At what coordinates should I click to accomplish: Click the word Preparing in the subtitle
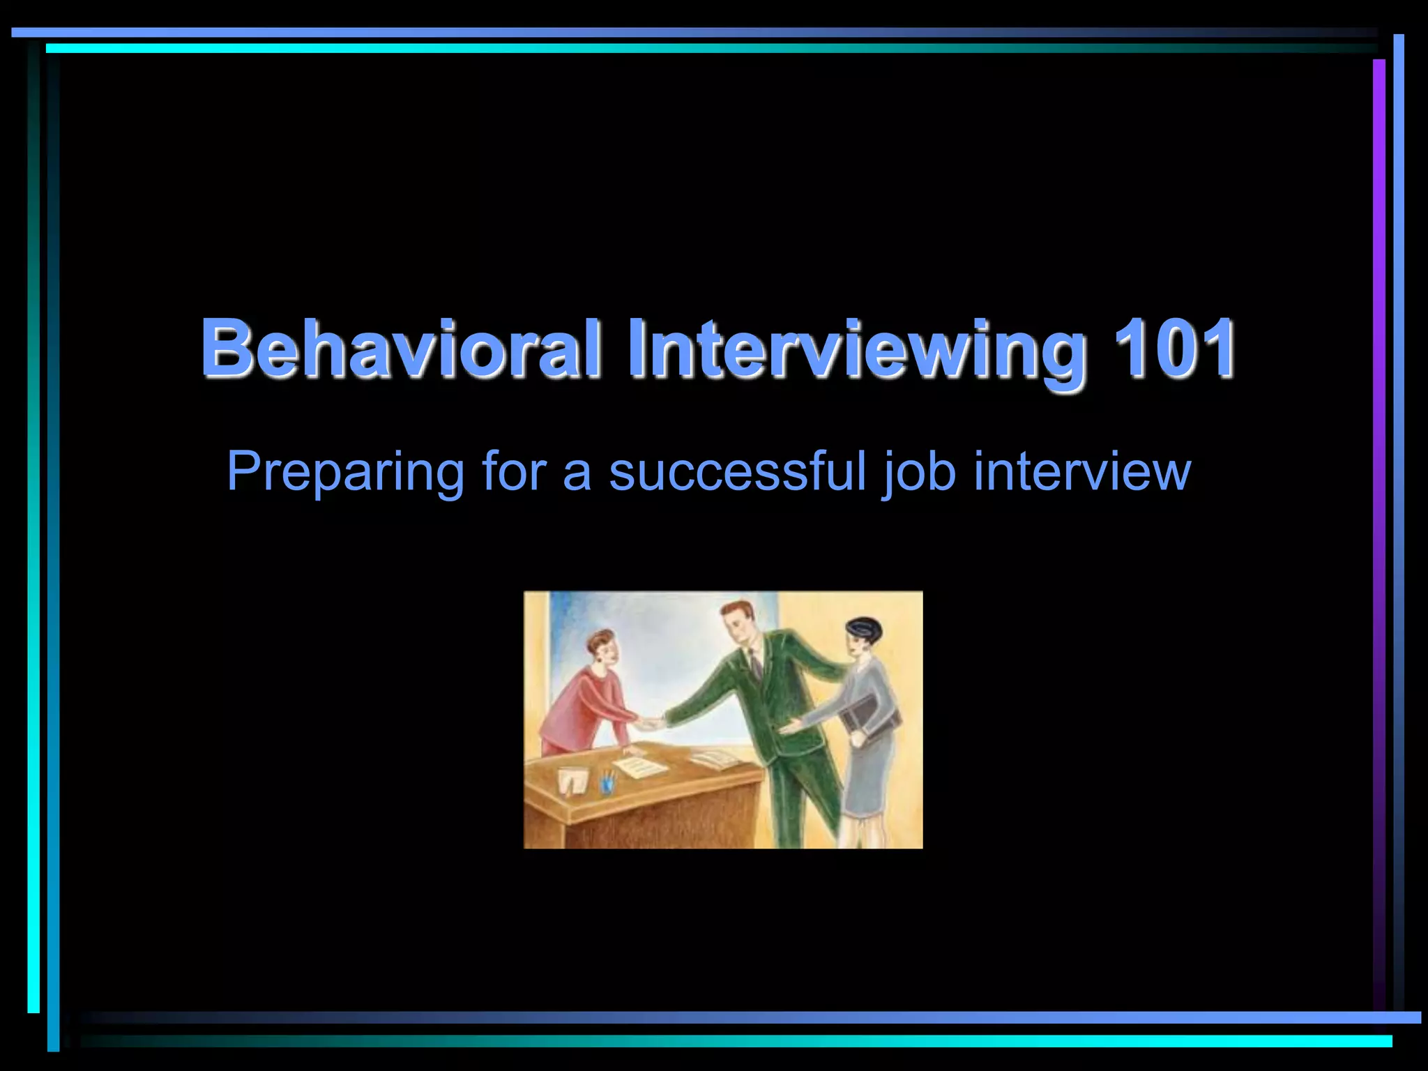345,472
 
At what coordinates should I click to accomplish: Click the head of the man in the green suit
739,623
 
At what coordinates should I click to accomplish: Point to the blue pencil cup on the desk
608,782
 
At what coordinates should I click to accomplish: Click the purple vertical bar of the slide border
1378,488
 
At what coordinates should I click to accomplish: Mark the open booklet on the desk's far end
715,758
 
